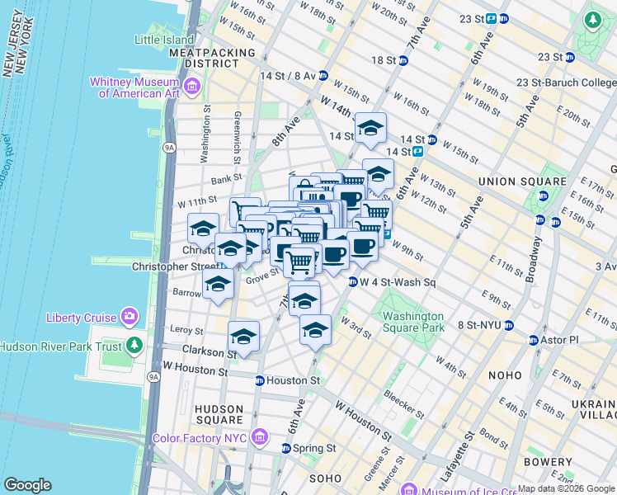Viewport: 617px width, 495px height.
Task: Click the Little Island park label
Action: (165, 39)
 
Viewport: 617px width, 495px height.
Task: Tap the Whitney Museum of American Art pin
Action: (192, 85)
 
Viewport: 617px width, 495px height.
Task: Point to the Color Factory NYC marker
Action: (260, 435)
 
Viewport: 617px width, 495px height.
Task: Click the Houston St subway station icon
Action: (259, 380)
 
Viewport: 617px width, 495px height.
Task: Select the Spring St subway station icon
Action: (285, 448)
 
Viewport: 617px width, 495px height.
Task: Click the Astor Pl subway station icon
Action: (532, 340)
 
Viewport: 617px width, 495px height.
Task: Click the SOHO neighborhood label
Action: (324, 478)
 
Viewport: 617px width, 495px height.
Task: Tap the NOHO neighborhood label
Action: (504, 375)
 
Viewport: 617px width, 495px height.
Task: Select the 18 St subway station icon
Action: (403, 60)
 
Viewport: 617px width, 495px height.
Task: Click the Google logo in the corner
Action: (28, 485)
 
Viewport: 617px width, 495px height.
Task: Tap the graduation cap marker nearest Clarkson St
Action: (243, 337)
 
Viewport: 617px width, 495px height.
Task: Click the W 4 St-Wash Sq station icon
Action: (352, 282)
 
